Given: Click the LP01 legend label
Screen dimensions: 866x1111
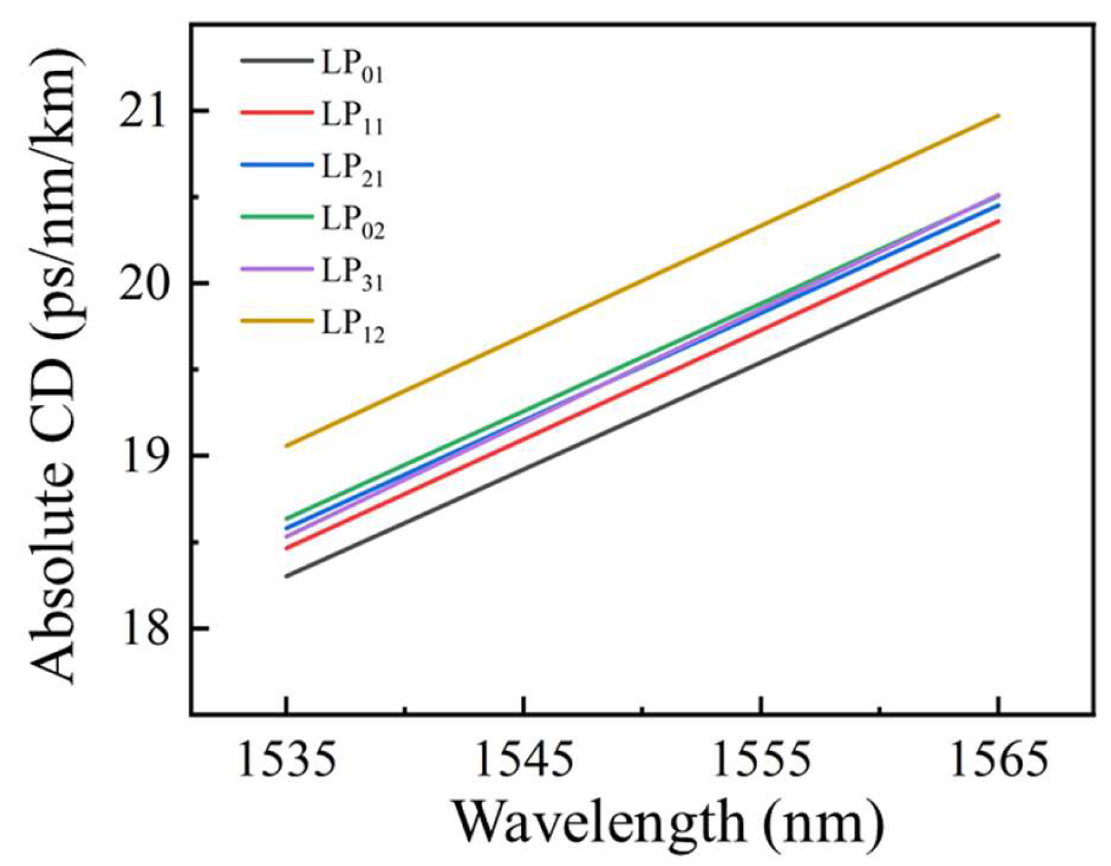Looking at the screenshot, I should pos(352,65).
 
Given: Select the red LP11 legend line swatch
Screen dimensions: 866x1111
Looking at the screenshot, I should pos(276,113).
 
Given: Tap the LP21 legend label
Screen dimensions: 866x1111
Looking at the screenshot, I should pos(352,170).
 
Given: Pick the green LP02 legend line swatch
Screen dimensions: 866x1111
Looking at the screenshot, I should pos(276,217).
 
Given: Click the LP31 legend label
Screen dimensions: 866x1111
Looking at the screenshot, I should pos(352,274).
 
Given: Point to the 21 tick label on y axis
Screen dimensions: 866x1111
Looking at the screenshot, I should pos(146,111).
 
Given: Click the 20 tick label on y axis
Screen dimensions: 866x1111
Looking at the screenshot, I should pos(146,283).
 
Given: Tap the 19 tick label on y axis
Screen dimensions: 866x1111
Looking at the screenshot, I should pos(146,456).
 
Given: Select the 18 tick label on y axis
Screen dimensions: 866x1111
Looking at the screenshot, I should pos(146,629).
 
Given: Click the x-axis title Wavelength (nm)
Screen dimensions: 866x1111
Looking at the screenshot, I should pos(669,823).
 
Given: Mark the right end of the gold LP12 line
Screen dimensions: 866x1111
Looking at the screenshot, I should pos(999,116).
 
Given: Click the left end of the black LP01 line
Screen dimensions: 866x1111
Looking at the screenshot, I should pos(287,576).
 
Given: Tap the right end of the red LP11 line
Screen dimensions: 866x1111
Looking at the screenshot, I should pos(999,220).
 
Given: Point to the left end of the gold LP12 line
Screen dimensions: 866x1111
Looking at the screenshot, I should pos(287,446).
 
